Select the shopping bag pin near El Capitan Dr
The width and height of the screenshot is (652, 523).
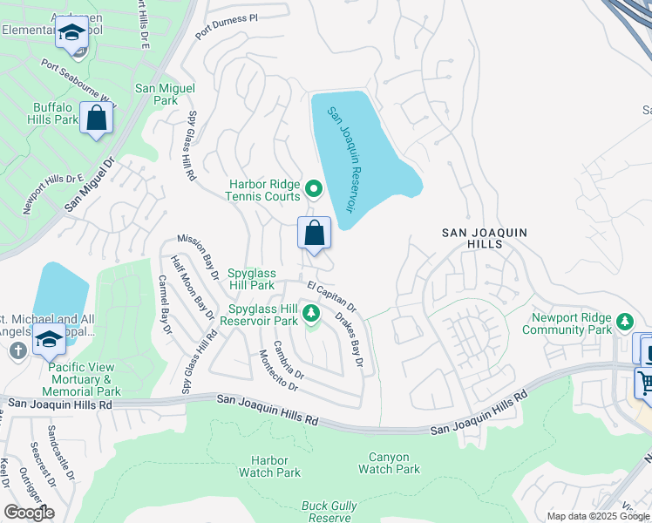pos(314,234)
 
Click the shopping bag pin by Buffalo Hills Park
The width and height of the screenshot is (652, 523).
pos(96,119)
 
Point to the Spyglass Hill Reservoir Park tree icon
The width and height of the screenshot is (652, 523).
pos(311,315)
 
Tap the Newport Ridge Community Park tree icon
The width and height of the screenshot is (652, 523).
pos(624,323)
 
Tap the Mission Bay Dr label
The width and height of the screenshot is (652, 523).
pos(199,256)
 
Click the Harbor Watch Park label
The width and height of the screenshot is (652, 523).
pos(269,466)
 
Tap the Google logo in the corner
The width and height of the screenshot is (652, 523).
pos(28,513)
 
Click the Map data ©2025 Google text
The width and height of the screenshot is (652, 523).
pos(598,516)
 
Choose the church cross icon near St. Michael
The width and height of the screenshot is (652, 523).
pos(16,350)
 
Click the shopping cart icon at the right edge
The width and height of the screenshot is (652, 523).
pos(645,383)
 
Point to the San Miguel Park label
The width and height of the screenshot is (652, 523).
pos(165,94)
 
